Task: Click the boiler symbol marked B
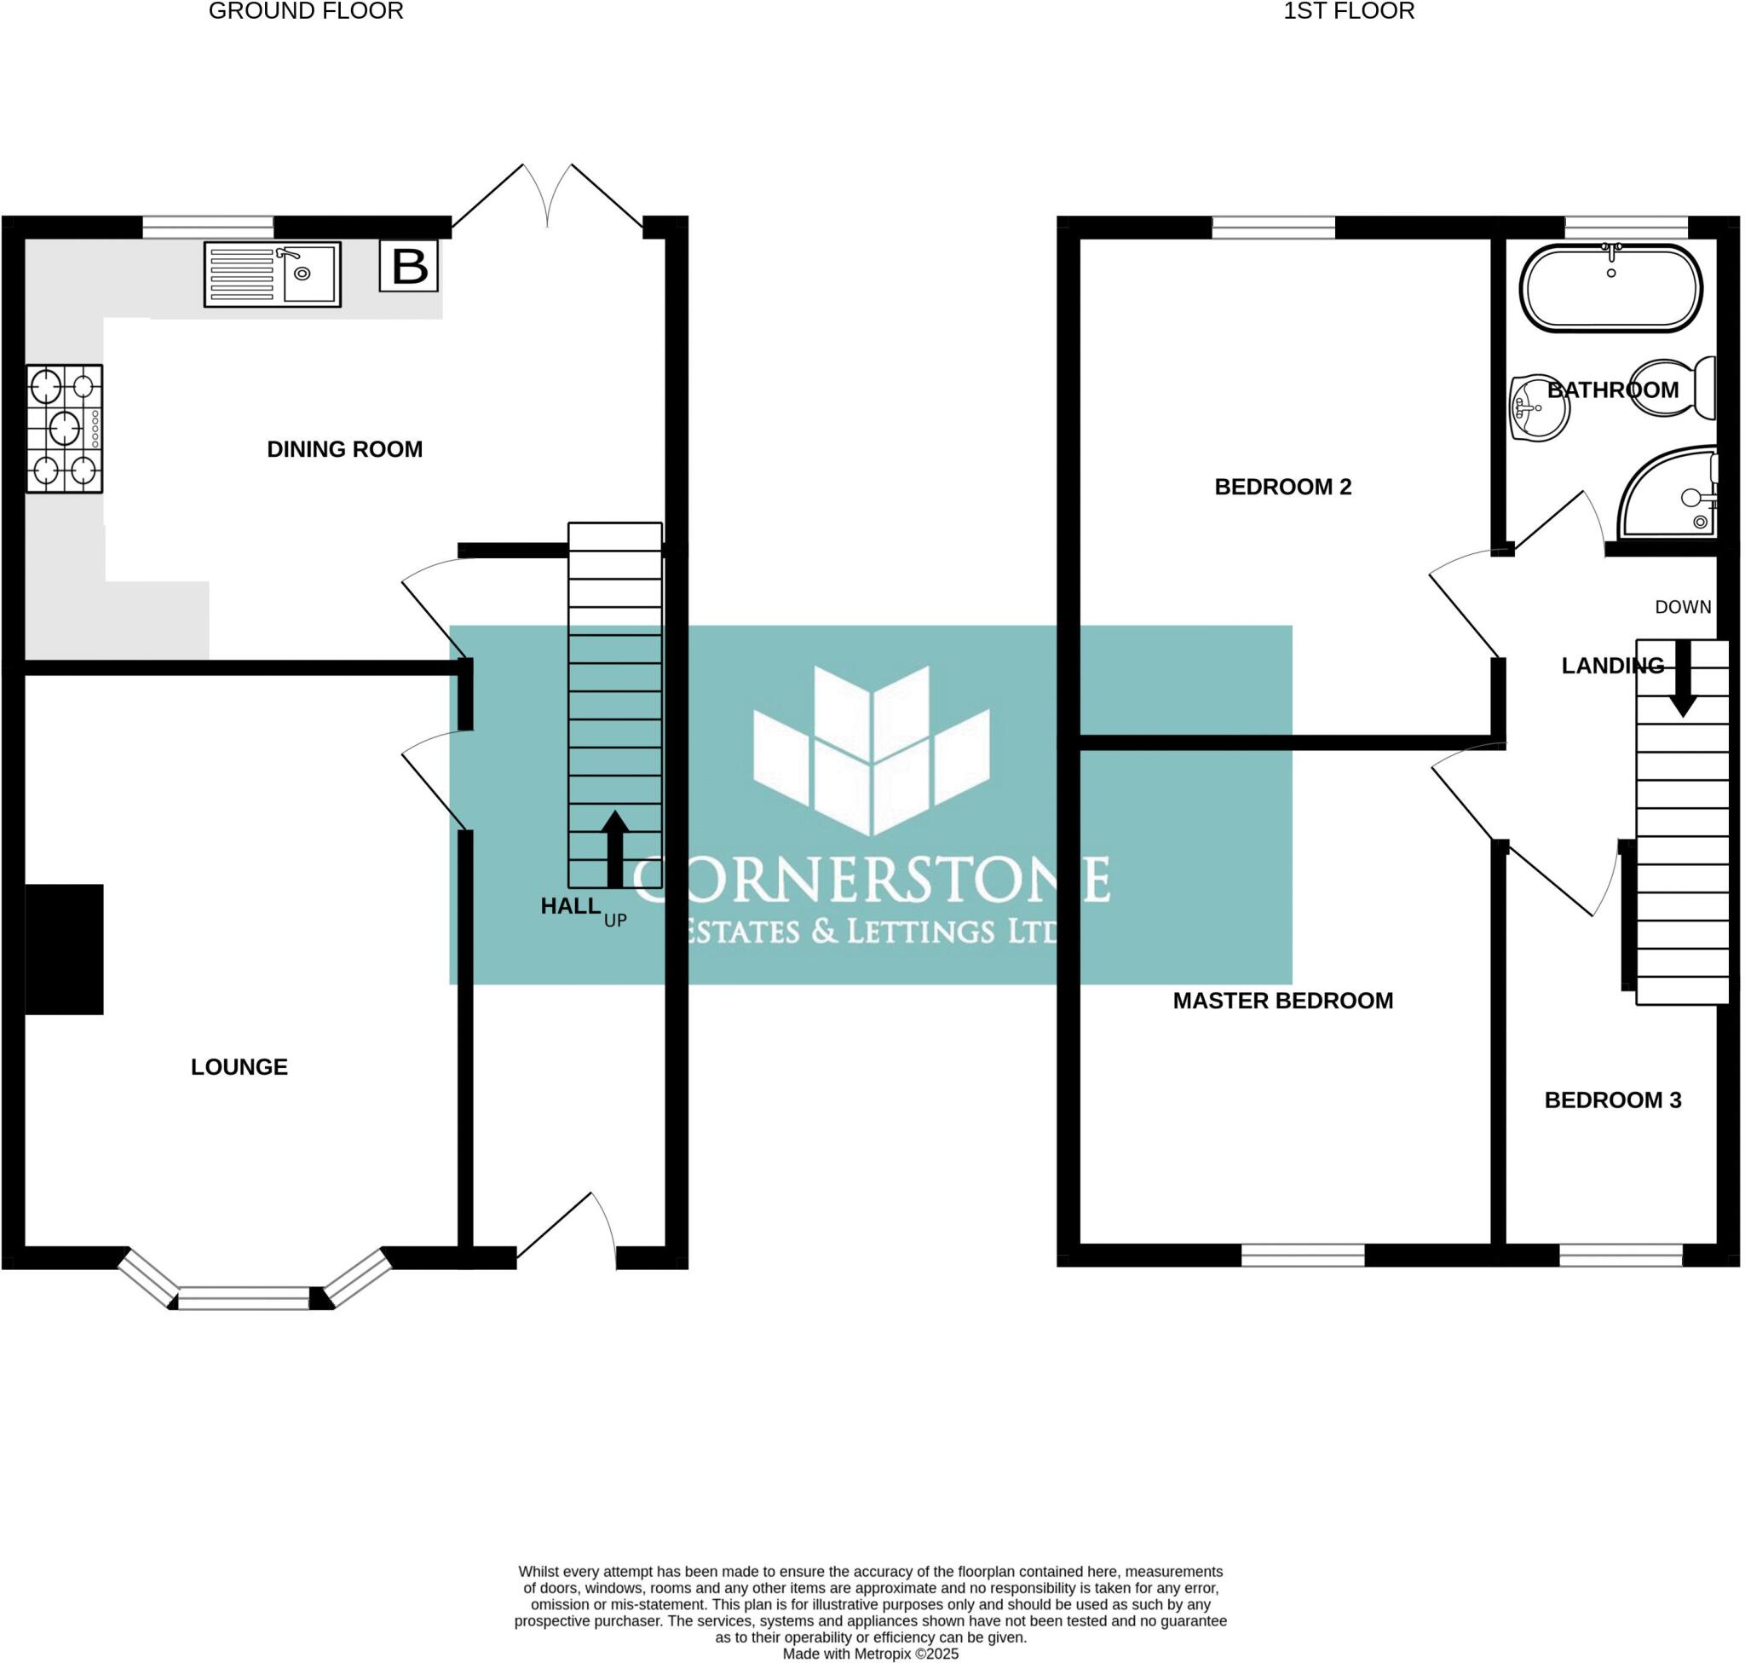(x=408, y=265)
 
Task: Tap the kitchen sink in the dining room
(x=272, y=274)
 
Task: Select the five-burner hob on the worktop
(x=64, y=428)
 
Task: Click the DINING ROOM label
(x=345, y=449)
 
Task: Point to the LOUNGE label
(x=239, y=1066)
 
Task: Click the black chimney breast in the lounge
(x=64, y=949)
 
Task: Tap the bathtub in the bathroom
(x=1610, y=288)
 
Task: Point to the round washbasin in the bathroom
(x=1539, y=407)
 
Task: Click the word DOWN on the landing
(x=1682, y=607)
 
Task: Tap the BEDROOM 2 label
(x=1282, y=487)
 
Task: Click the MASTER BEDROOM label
(x=1282, y=1001)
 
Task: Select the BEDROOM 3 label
(x=1612, y=1100)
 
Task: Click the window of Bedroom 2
(x=1273, y=228)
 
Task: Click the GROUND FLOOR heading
(x=306, y=12)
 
